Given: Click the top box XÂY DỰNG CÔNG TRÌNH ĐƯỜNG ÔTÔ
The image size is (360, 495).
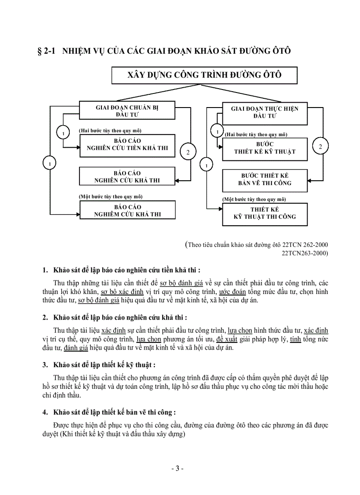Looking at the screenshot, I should tap(204, 75).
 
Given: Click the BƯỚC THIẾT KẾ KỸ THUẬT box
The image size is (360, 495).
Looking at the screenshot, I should tap(265, 148).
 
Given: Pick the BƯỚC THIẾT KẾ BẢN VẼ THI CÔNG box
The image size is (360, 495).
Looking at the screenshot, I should tap(265, 179).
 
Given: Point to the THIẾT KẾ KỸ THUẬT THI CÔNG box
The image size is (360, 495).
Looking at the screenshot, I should tap(265, 213).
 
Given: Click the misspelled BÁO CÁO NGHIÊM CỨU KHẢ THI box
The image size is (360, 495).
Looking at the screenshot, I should tap(127, 210).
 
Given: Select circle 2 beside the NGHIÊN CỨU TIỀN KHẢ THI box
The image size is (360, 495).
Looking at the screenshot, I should tap(187, 152).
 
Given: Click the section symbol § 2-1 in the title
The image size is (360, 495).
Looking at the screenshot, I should tap(45, 51).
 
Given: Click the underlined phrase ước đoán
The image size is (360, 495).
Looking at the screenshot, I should tap(232, 292).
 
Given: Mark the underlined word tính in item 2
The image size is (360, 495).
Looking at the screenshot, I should tap(295, 339).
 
